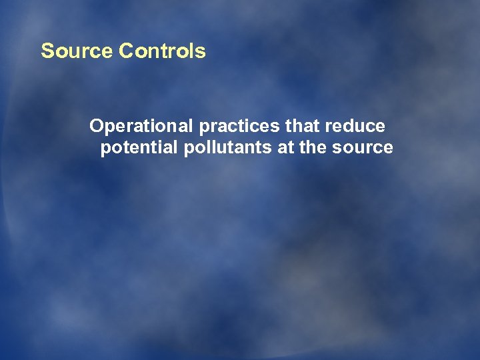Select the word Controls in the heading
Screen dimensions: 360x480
[x=163, y=51]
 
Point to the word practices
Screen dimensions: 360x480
[x=241, y=126]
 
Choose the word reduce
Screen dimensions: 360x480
[x=355, y=126]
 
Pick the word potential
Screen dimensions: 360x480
[x=138, y=147]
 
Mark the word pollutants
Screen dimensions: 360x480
[x=227, y=147]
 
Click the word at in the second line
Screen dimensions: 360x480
[x=285, y=147]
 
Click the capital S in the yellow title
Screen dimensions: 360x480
[x=47, y=51]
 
